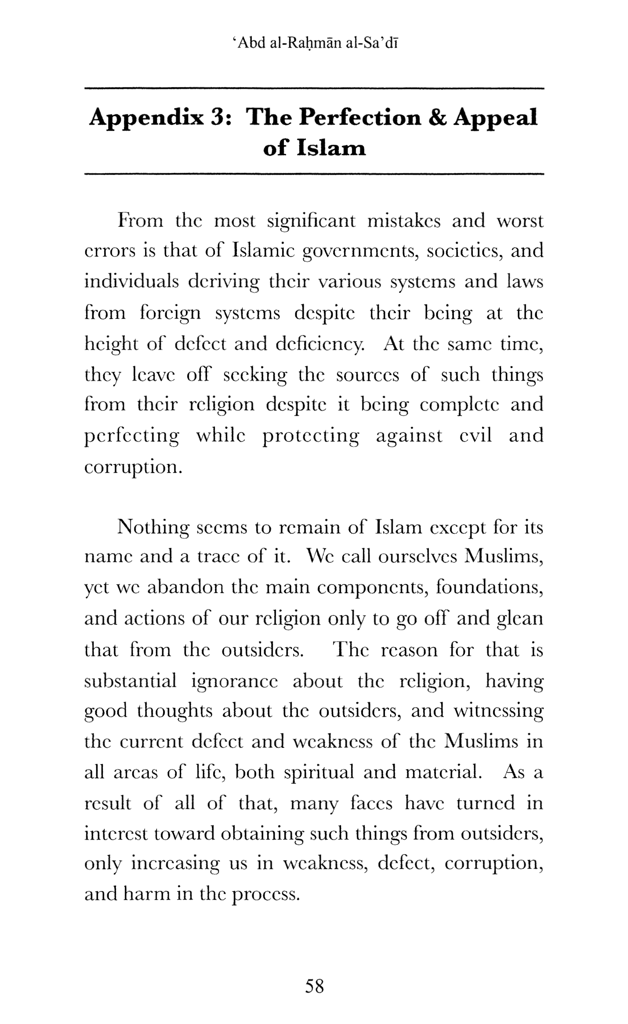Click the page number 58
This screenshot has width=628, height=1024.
(x=314, y=986)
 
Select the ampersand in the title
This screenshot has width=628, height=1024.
(x=437, y=118)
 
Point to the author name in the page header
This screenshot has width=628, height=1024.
(x=314, y=44)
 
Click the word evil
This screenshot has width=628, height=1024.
(x=475, y=436)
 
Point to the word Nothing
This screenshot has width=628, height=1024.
(x=152, y=527)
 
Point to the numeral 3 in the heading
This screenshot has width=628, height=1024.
(x=218, y=118)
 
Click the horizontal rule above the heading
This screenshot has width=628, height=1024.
(x=314, y=89)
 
